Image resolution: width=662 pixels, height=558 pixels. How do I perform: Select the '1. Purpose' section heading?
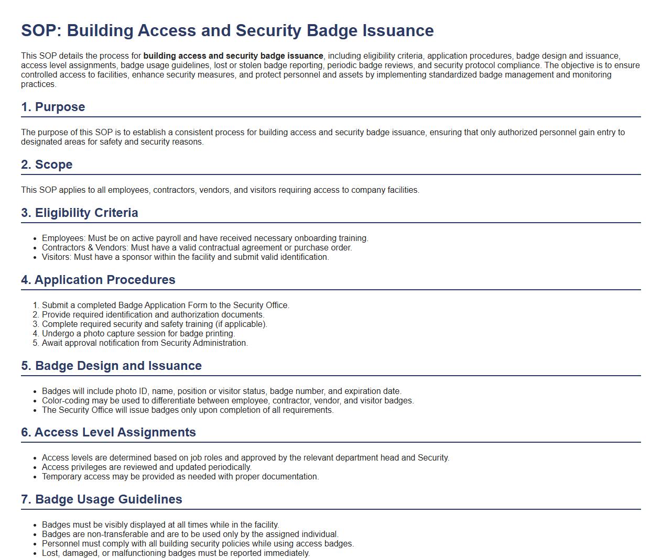click(53, 107)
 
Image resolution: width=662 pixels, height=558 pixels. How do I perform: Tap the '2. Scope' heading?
click(47, 165)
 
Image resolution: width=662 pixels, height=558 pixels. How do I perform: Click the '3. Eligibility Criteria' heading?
click(80, 213)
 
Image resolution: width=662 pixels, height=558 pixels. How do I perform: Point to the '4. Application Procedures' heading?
click(98, 280)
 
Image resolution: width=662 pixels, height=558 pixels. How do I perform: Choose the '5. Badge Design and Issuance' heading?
click(111, 366)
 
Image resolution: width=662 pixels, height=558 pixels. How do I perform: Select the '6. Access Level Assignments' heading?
click(108, 432)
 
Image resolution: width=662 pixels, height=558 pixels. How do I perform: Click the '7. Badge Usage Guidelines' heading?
click(102, 499)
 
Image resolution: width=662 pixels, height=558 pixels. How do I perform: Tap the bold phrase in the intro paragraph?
click(233, 56)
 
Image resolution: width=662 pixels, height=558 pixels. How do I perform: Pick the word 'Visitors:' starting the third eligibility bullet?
click(57, 257)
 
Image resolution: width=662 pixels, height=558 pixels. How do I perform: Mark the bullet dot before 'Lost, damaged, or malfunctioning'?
click(35, 553)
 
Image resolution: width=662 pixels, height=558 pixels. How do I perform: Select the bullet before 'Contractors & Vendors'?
click(35, 248)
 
